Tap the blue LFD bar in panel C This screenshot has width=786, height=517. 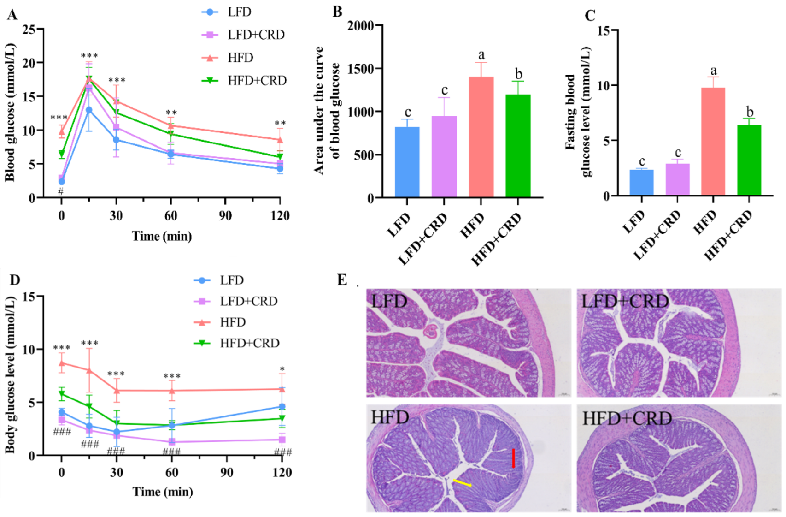click(x=641, y=183)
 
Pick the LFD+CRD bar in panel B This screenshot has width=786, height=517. click(x=444, y=157)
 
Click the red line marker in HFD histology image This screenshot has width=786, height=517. click(x=513, y=458)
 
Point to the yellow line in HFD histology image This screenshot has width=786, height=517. click(x=462, y=483)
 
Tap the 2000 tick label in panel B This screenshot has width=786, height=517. click(x=361, y=25)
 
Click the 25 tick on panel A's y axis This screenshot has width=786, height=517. click(x=29, y=30)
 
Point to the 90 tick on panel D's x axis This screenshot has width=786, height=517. click(x=226, y=472)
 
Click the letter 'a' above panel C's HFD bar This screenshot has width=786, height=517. click(x=714, y=71)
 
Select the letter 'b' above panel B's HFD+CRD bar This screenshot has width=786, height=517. click(x=519, y=74)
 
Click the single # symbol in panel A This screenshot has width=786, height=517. click(x=61, y=191)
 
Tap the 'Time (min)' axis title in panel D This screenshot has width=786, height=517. click(x=163, y=492)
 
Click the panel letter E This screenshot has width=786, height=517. click(x=342, y=279)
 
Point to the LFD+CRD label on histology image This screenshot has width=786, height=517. click(x=625, y=302)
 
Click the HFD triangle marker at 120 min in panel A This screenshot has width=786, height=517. click(x=280, y=139)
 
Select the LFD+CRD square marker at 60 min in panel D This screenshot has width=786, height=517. click(x=171, y=442)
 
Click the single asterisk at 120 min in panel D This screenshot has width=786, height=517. click(x=282, y=369)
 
